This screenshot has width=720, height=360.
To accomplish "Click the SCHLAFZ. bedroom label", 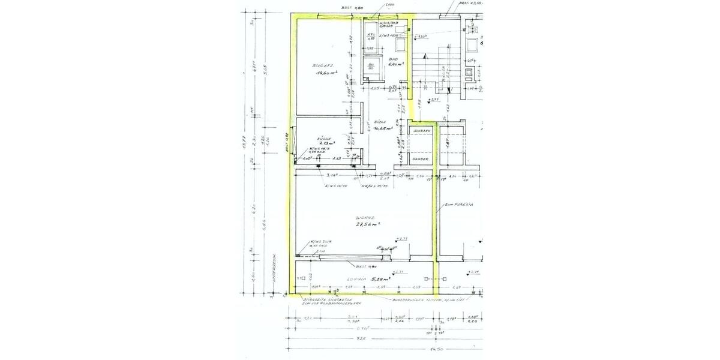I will (x=322, y=65).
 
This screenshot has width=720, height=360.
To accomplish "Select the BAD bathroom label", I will (x=394, y=59).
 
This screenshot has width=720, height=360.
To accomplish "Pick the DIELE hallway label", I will (x=380, y=121).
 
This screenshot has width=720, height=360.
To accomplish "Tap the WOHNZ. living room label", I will (x=365, y=217).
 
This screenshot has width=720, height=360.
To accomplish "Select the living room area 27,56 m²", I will (x=367, y=224).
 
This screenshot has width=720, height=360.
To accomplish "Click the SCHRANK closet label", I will (x=422, y=130).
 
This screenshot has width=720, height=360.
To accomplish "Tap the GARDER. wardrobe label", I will (x=420, y=159).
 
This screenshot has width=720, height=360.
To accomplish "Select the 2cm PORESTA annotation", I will (x=460, y=205).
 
